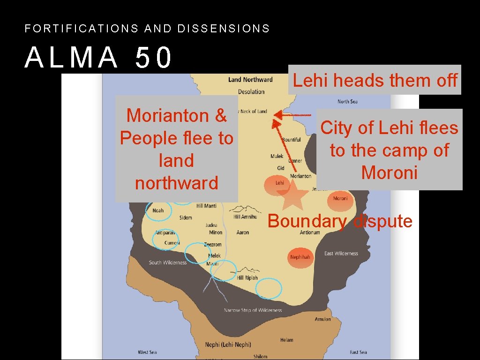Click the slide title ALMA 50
(x=99, y=58)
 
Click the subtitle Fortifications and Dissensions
(x=147, y=29)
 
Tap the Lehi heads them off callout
(x=375, y=80)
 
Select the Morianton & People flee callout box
(x=177, y=149)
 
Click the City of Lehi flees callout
(x=389, y=150)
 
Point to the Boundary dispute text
(x=340, y=221)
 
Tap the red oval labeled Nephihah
(x=300, y=257)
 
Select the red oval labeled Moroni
(x=340, y=198)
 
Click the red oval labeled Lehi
(x=279, y=183)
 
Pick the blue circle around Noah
(x=158, y=211)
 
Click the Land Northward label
(x=250, y=80)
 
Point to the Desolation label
(x=251, y=91)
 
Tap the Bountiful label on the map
(x=292, y=140)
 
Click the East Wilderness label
(x=341, y=254)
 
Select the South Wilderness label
(x=168, y=262)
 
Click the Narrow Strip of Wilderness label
(x=253, y=310)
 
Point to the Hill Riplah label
(x=247, y=277)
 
